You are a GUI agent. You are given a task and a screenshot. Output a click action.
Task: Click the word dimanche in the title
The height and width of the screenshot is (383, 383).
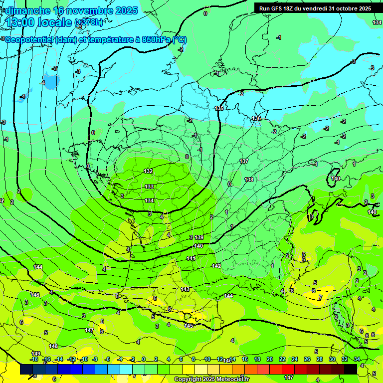point(28,10)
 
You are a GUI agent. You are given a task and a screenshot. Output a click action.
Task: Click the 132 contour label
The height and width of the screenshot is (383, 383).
point(148,171)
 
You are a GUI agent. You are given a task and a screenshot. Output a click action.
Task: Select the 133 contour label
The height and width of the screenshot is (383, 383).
point(149,187)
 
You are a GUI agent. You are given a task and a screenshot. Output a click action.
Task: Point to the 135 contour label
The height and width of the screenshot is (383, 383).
point(219,108)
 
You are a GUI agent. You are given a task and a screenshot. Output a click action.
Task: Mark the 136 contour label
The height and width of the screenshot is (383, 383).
point(256,118)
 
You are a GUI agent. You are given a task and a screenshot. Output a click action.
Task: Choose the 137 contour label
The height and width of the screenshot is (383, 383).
point(244,161)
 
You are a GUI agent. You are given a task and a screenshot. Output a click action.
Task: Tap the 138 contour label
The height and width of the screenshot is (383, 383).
point(249,180)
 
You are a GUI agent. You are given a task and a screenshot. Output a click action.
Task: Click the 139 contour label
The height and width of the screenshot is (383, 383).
point(199,237)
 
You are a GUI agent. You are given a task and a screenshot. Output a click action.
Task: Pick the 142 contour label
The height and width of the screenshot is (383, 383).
point(216,266)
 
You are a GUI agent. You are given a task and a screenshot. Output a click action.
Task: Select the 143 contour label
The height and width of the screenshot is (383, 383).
point(185,289)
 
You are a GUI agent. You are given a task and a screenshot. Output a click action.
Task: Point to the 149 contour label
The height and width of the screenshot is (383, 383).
point(36,354)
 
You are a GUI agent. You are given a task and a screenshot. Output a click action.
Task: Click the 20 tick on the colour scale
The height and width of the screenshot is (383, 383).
point(270,359)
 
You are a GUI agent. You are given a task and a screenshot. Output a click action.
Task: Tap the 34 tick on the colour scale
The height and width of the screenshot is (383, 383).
point(357,359)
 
